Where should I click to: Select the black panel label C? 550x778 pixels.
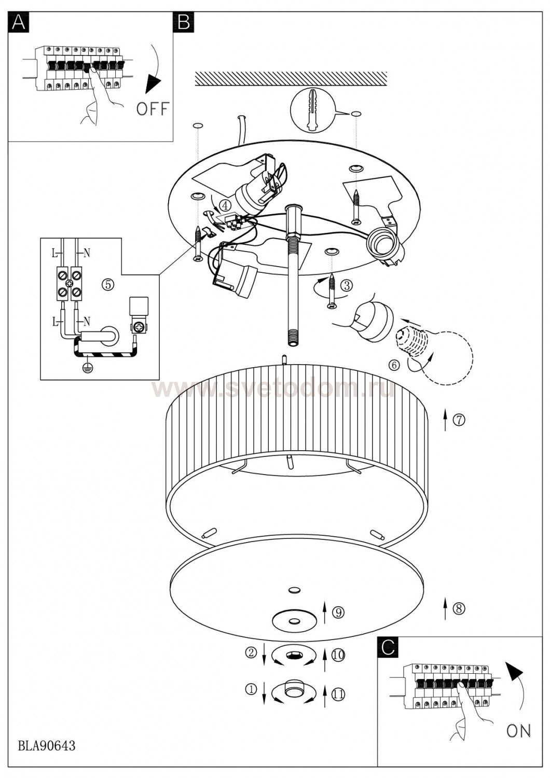tap(388, 647)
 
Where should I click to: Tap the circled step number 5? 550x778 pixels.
tap(108, 285)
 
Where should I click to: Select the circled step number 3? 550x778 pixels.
tap(347, 285)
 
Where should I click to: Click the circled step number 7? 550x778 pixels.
tap(459, 420)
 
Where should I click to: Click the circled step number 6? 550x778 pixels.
tap(394, 365)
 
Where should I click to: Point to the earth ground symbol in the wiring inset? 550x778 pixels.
tap(86, 368)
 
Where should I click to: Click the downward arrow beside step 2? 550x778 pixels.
tap(264, 654)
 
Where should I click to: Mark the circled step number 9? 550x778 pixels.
tap(338, 612)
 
